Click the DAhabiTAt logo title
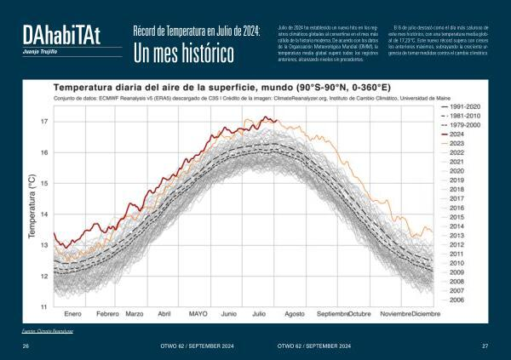click(61, 35)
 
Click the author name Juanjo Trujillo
click(41, 52)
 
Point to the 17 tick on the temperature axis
click(44, 122)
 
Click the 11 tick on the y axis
click(44, 306)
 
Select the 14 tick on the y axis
click(44, 214)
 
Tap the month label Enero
click(72, 314)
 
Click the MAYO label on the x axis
click(198, 314)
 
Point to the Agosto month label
click(295, 314)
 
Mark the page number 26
click(26, 346)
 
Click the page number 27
click(485, 346)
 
